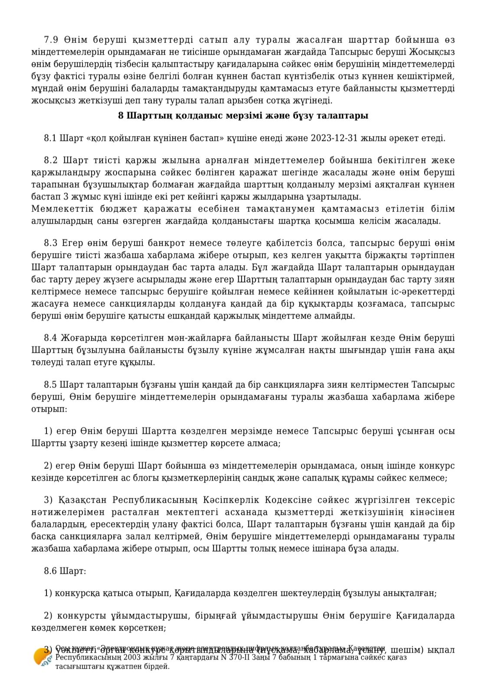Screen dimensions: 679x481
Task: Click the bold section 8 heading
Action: pos(243,116)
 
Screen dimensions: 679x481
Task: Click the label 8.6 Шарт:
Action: pos(65,571)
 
